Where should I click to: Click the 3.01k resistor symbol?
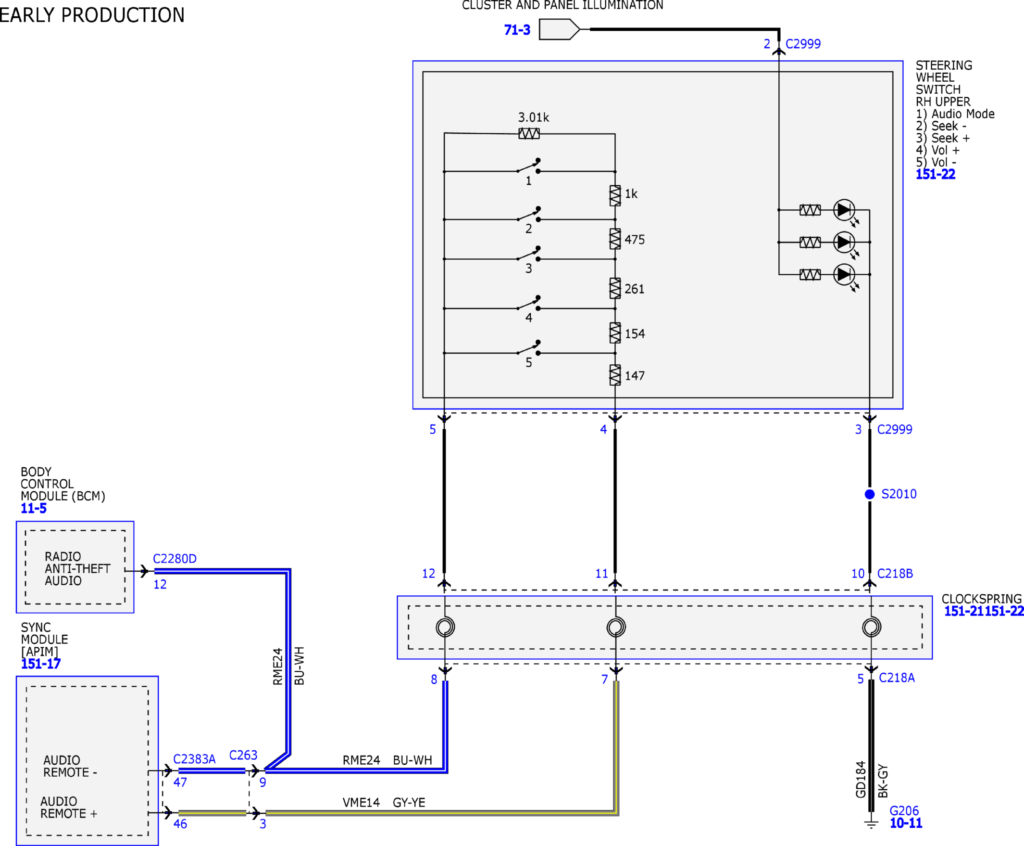[x=529, y=133]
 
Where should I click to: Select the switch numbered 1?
[x=529, y=166]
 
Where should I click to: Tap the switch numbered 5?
[x=529, y=348]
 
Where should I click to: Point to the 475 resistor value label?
[x=635, y=240]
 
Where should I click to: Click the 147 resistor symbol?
[x=615, y=375]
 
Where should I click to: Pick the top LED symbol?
[x=844, y=210]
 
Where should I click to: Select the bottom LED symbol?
[x=844, y=274]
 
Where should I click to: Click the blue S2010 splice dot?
[x=870, y=494]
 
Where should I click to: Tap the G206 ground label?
[x=904, y=811]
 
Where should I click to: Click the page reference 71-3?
[x=517, y=30]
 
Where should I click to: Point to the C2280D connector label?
[x=175, y=559]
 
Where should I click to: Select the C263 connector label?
[x=243, y=755]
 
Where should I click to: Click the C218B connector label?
[x=895, y=574]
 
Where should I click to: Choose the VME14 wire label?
[x=361, y=803]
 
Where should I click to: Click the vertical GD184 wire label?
[x=861, y=780]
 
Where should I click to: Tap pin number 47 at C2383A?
[x=180, y=782]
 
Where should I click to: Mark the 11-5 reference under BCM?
[x=34, y=508]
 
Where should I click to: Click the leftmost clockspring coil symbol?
[x=445, y=627]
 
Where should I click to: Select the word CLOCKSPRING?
[x=982, y=599]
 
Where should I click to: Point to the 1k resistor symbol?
[x=615, y=196]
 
